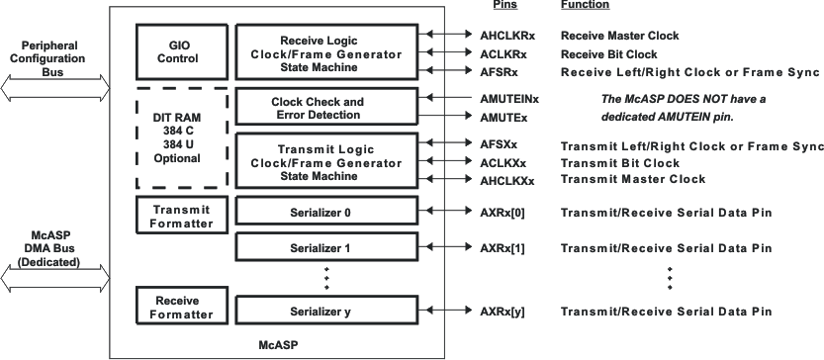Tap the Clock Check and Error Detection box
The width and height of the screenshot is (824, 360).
(x=317, y=108)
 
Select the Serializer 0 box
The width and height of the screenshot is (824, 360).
(x=317, y=212)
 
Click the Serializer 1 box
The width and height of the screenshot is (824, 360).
(x=317, y=248)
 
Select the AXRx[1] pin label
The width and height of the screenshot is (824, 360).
(x=504, y=248)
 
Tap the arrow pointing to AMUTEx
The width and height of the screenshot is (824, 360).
(x=435, y=117)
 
